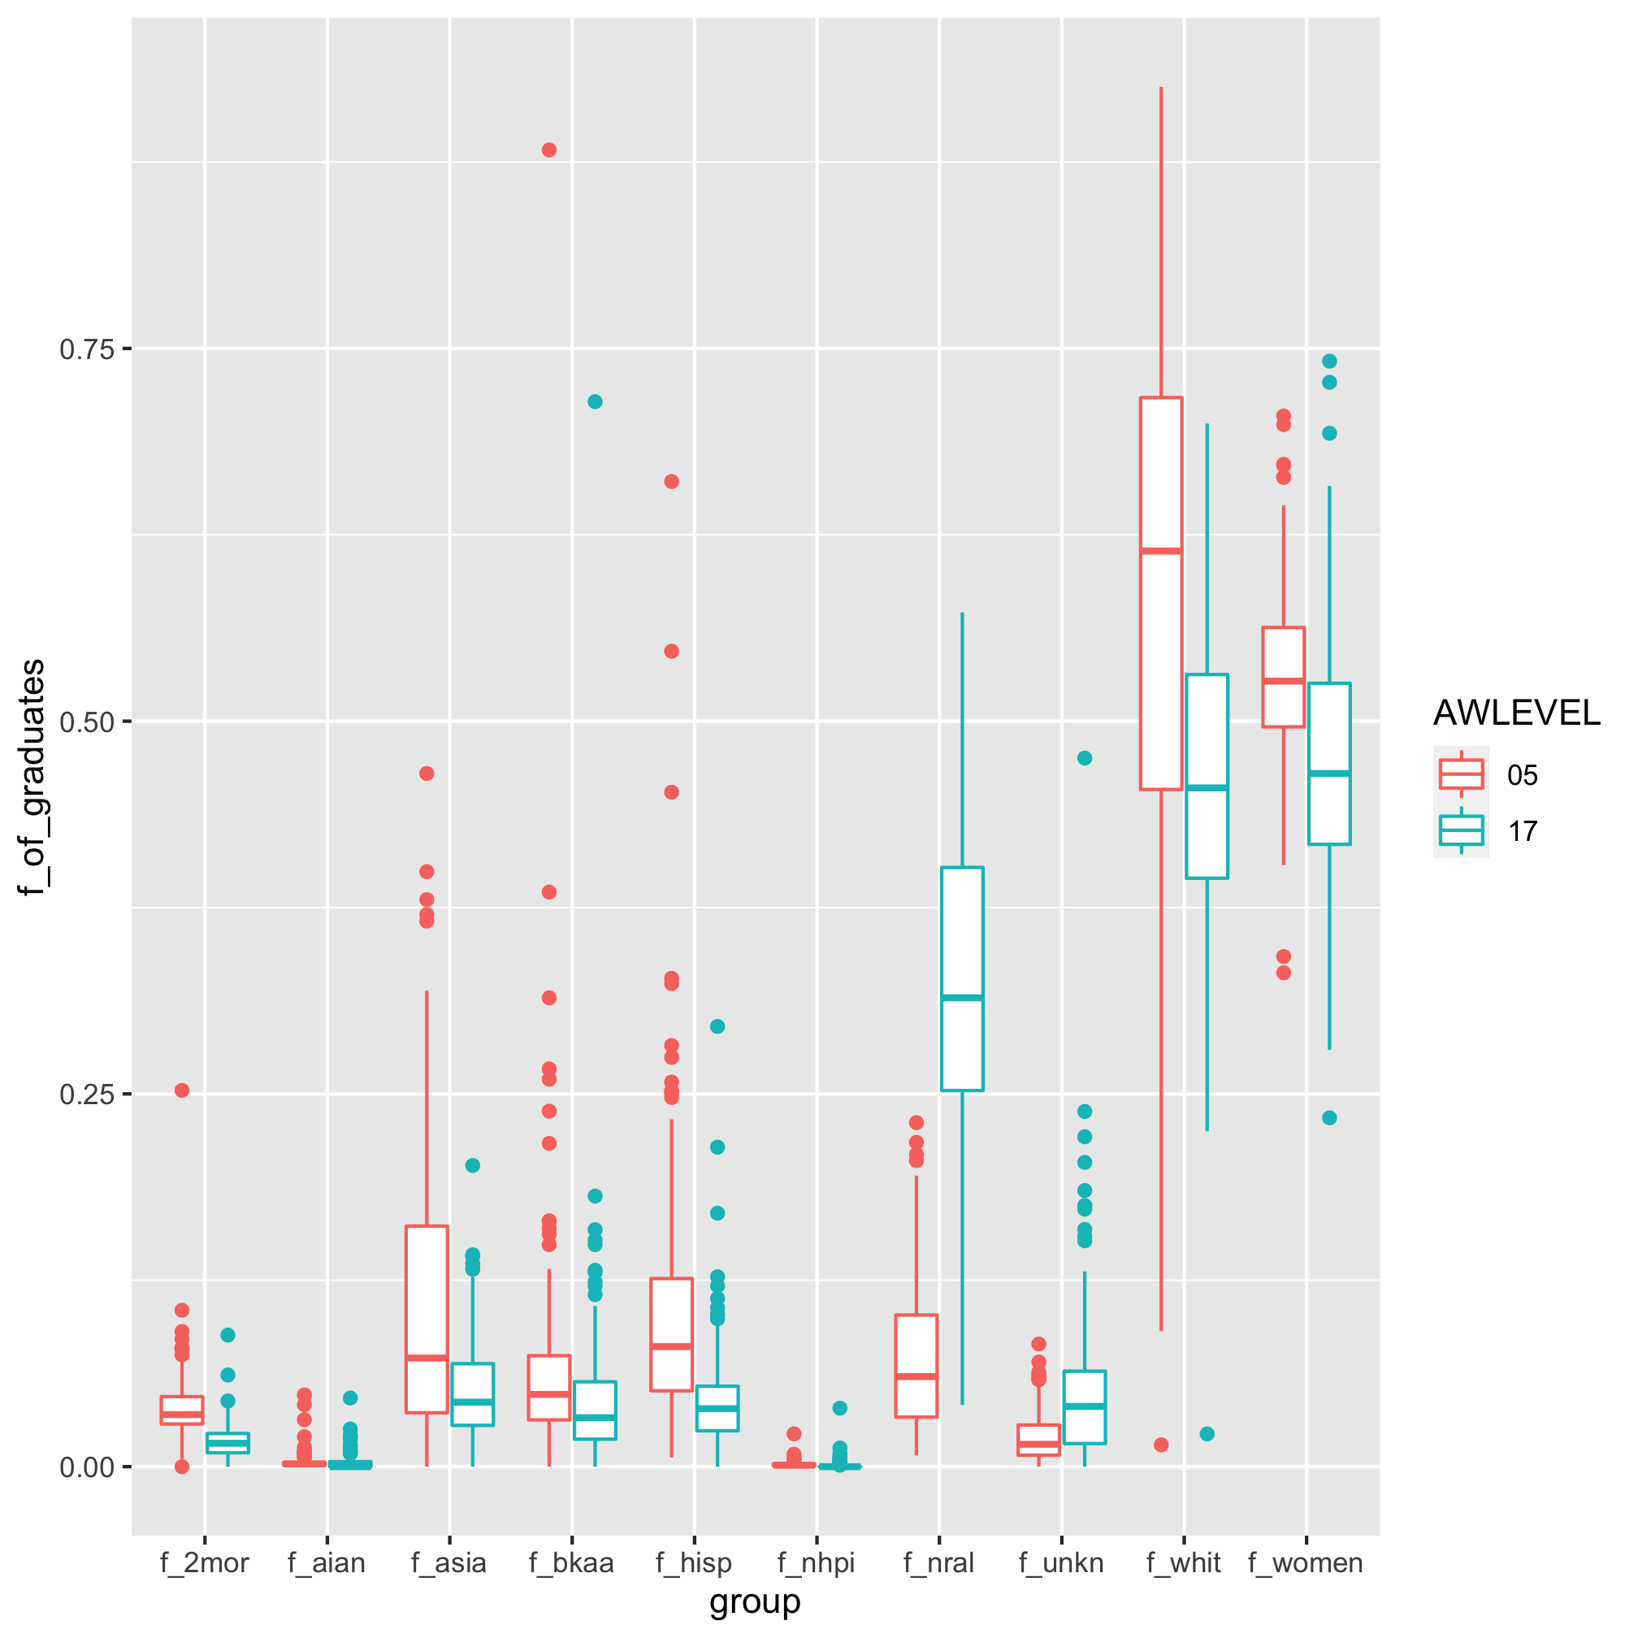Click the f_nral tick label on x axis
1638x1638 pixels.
(938, 1562)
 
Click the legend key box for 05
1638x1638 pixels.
(1461, 774)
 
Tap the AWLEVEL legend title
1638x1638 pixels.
(1516, 713)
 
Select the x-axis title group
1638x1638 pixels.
(755, 1601)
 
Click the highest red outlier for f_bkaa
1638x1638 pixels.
(548, 150)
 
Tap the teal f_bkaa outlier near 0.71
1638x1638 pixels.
(596, 401)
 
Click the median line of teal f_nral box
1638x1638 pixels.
(962, 998)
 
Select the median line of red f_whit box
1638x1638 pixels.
(1161, 551)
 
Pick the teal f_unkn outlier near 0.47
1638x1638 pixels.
(1085, 758)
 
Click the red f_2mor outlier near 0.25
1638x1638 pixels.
(182, 1090)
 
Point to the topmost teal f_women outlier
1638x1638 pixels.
(1329, 362)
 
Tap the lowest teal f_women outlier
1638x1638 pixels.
(1329, 1117)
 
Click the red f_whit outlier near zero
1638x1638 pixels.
(1162, 1445)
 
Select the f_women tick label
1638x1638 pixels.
(1306, 1562)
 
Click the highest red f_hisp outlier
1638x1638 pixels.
(671, 482)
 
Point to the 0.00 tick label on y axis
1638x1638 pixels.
(85, 1467)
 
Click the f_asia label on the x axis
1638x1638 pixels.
(449, 1562)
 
